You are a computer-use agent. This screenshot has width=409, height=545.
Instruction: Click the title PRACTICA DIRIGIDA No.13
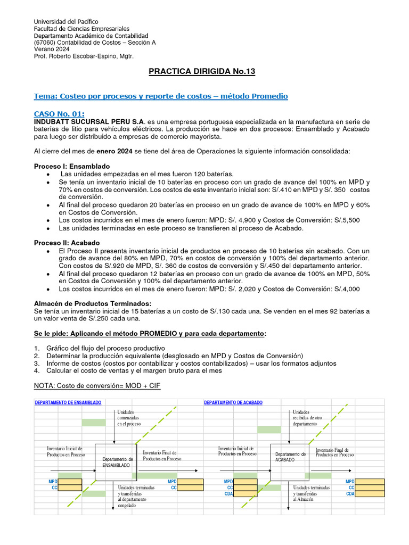pos(205,71)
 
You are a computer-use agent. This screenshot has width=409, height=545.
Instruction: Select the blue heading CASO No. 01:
pos(59,114)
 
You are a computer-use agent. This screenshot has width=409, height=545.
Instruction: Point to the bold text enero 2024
pos(114,151)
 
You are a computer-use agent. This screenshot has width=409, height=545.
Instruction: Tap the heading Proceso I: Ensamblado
pos(72,166)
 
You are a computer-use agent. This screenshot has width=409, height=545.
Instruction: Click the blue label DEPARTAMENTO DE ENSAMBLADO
pos(68,403)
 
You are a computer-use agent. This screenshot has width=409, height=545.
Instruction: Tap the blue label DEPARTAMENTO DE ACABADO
pos(233,403)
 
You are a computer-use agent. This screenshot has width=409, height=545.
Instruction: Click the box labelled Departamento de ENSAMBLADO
pos(116,461)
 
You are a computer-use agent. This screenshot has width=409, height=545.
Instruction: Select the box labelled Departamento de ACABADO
pos(290,457)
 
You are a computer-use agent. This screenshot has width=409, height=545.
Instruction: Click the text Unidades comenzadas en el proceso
pos(129,418)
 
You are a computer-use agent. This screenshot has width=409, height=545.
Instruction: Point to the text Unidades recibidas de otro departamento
pos(307,418)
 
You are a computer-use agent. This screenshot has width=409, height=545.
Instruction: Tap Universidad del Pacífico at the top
pos(66,22)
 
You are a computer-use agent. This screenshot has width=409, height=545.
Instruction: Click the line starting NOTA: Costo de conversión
pos(97,386)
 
